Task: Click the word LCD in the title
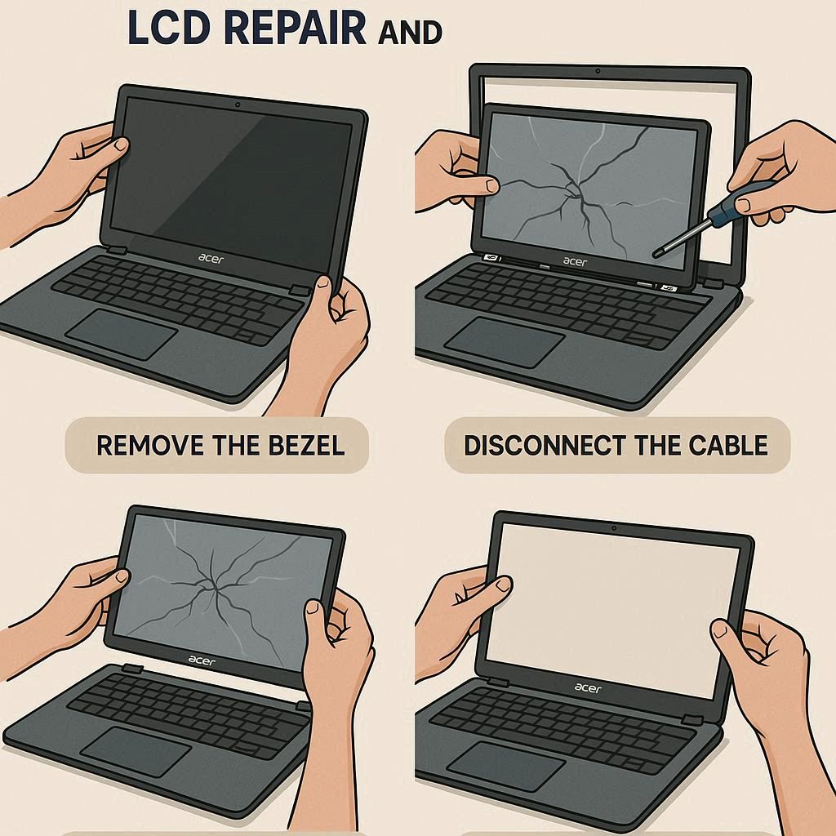pos(169,27)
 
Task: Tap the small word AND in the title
pos(410,33)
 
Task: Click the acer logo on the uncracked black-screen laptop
pos(211,259)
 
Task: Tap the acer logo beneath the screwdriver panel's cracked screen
pos(575,261)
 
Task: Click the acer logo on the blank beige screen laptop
pos(588,688)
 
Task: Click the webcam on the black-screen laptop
pos(238,104)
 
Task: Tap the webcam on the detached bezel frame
pos(598,71)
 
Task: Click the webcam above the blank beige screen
pos(614,528)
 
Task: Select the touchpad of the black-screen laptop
pos(121,334)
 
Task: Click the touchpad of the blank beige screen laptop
pos(505,766)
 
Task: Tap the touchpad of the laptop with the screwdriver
pos(505,342)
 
